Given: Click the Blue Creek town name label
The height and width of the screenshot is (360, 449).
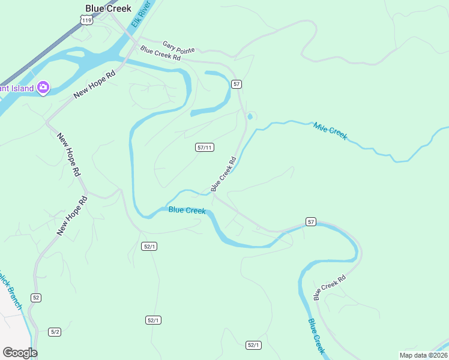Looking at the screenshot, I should coord(108,8).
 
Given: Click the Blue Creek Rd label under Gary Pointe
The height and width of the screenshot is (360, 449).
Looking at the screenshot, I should coord(160,53).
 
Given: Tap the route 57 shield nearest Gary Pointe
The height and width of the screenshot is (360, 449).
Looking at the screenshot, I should coord(237,84).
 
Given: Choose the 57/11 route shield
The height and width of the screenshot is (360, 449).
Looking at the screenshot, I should coord(205,148).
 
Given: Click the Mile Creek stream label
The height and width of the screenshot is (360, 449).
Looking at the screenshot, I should coord(330,131).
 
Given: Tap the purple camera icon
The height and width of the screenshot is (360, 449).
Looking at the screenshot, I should coord(43,88).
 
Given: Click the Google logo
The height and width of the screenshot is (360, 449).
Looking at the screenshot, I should coord(20,353).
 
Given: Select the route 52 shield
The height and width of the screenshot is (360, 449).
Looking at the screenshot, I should coord(37,298).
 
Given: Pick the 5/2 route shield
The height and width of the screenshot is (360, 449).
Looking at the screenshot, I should coord(55,332).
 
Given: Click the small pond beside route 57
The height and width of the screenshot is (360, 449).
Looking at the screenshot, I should coord(250,116).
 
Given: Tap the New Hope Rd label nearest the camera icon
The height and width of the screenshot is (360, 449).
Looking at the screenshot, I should coord(94,86).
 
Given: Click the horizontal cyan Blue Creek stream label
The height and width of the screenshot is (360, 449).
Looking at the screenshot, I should coord(187,210).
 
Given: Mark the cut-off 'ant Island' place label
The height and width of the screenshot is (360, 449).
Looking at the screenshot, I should coord(16,88).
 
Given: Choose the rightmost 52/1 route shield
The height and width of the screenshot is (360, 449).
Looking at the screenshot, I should coord(253,345).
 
